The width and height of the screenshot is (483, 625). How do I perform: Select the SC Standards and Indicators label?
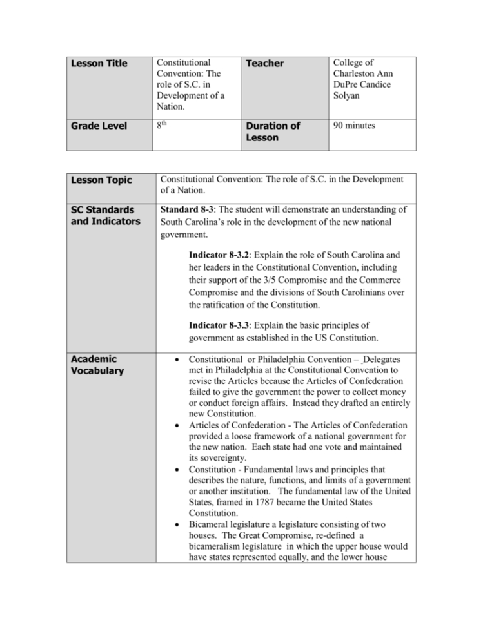pos(103,216)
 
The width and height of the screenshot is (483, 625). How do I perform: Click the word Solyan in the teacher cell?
pos(347,96)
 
